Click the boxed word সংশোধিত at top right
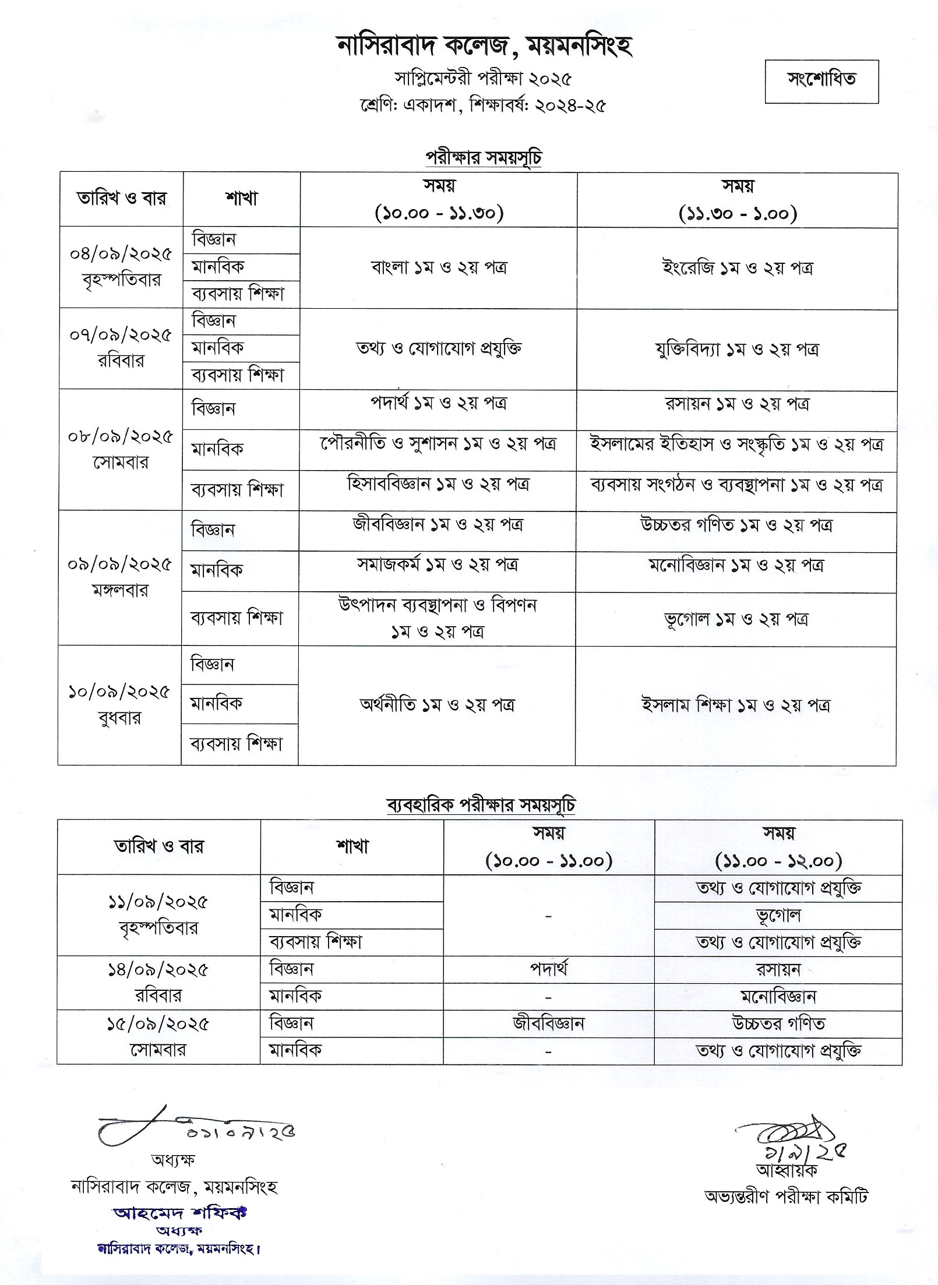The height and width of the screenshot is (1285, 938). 821,80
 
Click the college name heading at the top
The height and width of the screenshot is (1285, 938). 485,46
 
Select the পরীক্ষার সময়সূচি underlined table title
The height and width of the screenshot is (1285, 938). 484,158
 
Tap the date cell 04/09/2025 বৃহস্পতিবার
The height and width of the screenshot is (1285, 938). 121,267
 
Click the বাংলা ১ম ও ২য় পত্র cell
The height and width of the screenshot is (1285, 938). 439,267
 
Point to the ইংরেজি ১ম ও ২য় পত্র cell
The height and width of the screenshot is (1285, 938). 737,268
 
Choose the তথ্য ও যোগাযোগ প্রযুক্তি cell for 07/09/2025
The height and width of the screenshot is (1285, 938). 439,348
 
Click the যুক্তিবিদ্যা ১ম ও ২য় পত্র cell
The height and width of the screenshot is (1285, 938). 737,350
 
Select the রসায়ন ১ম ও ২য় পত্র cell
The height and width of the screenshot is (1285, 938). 737,404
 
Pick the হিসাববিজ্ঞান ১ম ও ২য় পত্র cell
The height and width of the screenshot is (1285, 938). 438,485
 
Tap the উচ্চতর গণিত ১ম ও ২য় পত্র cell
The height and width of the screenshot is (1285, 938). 736,525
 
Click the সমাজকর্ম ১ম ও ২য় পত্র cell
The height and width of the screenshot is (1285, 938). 438,565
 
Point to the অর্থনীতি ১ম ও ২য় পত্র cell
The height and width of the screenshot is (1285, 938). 437,705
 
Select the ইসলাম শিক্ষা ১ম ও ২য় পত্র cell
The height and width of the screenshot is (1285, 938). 735,705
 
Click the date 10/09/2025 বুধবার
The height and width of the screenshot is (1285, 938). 119,705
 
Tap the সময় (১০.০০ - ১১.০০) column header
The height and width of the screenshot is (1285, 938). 549,847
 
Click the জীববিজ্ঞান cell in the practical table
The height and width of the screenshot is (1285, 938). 549,1023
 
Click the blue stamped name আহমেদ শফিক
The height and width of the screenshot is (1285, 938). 180,1210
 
